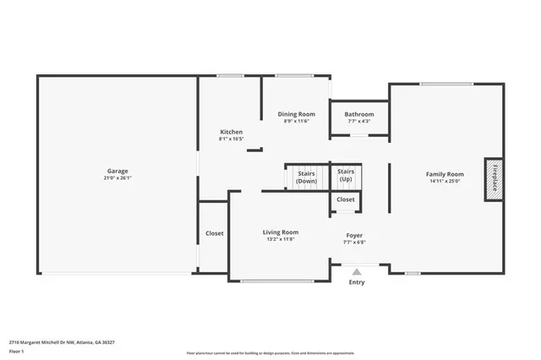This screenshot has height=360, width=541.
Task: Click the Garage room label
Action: [x=117, y=170]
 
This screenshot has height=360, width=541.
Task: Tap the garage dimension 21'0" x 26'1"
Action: [x=117, y=178]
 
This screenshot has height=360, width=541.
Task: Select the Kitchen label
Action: [x=231, y=132]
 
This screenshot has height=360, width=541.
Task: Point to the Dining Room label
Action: [x=297, y=114]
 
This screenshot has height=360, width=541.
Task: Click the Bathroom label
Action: [x=359, y=114]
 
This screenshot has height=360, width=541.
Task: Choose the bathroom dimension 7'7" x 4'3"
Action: [x=359, y=122]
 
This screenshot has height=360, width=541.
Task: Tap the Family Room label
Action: [x=445, y=174]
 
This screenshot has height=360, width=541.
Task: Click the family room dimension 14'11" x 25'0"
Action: [x=445, y=182]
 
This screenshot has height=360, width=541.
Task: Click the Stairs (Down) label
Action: [x=306, y=177]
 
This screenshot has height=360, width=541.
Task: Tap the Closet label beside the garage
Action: [x=214, y=233]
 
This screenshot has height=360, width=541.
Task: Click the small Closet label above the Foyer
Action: [x=346, y=199]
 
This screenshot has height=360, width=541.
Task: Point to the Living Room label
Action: [x=280, y=232]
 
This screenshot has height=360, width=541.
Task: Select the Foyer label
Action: [x=355, y=235]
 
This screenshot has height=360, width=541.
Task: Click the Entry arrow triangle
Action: [x=357, y=272]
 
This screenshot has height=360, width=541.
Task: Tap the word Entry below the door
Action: [x=357, y=282]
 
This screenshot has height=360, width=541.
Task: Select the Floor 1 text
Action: [x=16, y=351]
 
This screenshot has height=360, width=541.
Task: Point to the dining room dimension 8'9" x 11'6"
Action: [x=297, y=122]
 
